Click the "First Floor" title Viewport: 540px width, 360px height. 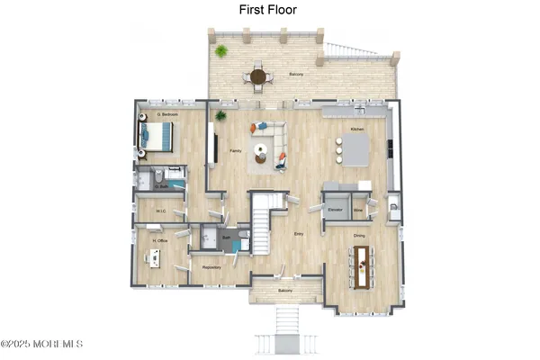[267, 10]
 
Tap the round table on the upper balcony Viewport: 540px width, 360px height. [258, 76]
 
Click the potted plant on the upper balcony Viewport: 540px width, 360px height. [220, 51]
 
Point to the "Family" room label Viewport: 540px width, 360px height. [235, 151]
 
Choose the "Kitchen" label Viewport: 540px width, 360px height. [357, 130]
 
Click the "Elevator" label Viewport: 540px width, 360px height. [337, 210]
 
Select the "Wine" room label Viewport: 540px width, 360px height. [359, 210]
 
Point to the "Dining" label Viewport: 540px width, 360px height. [359, 236]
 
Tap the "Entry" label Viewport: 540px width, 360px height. [299, 234]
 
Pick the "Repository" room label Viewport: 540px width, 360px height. [212, 267]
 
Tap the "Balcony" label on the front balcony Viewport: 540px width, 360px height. [285, 291]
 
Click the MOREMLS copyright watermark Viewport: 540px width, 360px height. [42, 343]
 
